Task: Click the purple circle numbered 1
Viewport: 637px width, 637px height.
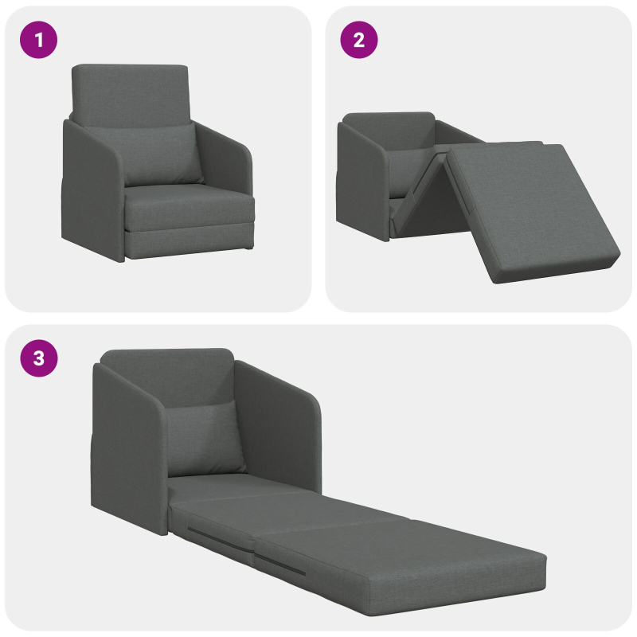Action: point(39,41)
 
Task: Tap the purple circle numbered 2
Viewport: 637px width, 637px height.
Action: point(359,41)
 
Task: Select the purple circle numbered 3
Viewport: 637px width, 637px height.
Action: point(39,359)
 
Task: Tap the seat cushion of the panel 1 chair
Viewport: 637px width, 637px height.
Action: point(190,209)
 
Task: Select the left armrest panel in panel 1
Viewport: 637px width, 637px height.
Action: point(92,191)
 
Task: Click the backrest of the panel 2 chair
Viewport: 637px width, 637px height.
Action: point(388,127)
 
